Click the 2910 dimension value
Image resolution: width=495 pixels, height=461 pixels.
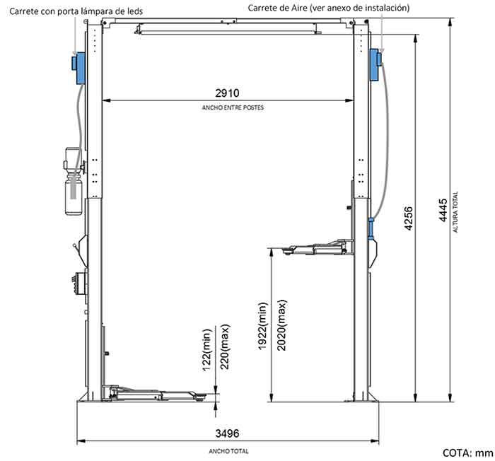pos(227,93)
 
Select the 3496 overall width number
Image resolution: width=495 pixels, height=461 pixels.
pos(227,433)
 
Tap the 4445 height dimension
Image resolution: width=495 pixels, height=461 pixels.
pos(443,210)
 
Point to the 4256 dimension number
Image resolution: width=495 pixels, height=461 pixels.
pos(408,218)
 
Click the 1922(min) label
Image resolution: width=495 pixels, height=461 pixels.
pos(262,326)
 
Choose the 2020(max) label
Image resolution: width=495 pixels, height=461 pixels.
pos(281,325)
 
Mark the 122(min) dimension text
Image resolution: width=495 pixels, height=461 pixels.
pos(206,351)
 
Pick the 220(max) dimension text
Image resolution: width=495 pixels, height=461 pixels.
pos(225,346)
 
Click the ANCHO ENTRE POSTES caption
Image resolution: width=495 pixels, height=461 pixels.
pos(233,107)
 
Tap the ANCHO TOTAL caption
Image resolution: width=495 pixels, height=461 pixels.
pos(228,451)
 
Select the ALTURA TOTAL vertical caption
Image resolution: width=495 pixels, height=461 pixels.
pos(455,212)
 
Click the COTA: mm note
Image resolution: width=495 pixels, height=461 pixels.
pos(467,453)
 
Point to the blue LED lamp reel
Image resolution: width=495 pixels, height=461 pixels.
pos(78,68)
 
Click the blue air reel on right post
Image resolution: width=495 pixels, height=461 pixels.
pos(375,64)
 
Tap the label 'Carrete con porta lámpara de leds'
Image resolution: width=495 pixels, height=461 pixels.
pos(76,11)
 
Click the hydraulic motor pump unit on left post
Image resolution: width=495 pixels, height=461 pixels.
pos(74,181)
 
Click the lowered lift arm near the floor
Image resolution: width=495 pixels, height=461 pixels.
pos(154,392)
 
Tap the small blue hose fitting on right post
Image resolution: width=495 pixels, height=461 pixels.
pos(371,228)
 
